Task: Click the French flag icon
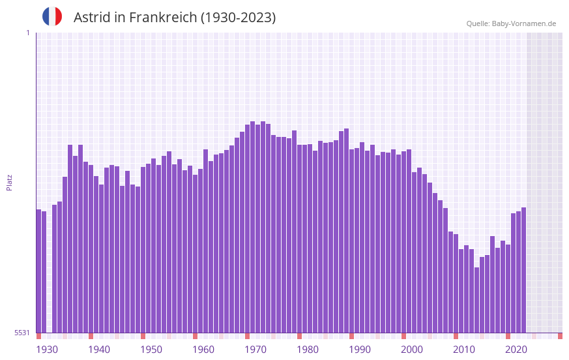(52, 16)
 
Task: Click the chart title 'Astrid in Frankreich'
(175, 18)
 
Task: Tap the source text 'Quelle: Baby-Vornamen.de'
(511, 23)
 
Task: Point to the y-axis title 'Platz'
(9, 182)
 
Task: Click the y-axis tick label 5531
(22, 333)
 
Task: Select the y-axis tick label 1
(27, 33)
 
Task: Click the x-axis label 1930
(47, 350)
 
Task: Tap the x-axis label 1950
(151, 350)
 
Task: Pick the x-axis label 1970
(255, 350)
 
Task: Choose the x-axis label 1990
(360, 350)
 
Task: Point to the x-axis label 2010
(464, 350)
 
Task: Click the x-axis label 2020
(516, 350)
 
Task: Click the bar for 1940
(91, 248)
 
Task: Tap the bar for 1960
(196, 254)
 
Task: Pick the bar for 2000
(404, 242)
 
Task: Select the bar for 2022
(524, 270)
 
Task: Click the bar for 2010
(456, 283)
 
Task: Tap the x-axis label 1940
(99, 350)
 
